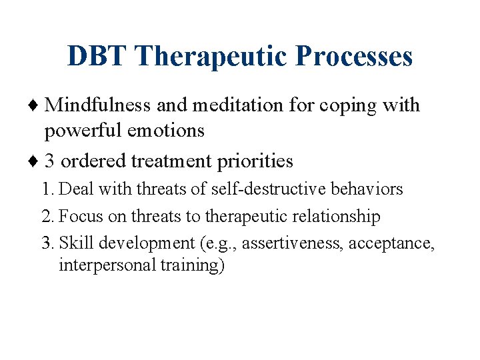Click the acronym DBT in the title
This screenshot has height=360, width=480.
(x=95, y=57)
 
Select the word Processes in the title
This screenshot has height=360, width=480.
(x=355, y=57)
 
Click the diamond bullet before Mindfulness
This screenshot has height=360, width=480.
(x=36, y=105)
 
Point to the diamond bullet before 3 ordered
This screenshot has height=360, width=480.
(x=36, y=161)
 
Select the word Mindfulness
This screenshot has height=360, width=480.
(x=99, y=105)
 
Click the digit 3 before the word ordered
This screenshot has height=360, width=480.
(x=50, y=161)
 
